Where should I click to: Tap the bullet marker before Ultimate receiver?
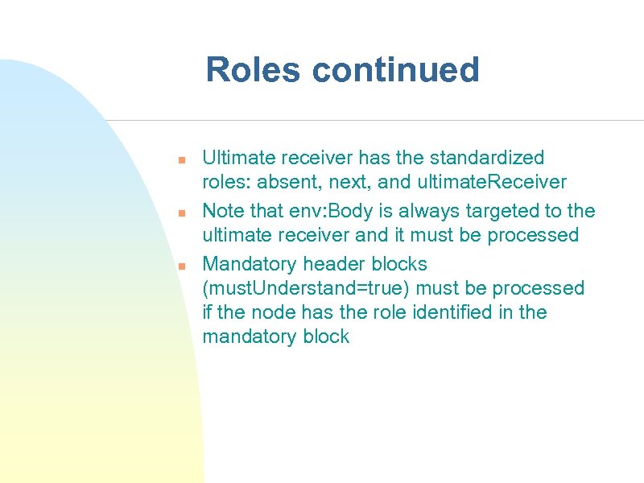[183, 159]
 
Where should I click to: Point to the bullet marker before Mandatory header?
[183, 266]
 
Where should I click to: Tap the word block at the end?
[324, 336]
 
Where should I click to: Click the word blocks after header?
[398, 264]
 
